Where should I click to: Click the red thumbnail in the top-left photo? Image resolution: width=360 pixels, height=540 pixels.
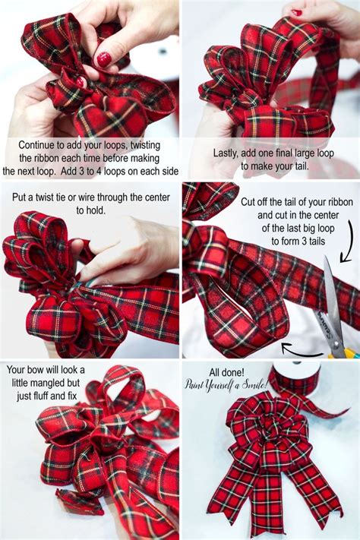(103, 58)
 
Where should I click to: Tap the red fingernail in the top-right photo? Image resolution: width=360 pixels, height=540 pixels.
(296, 12)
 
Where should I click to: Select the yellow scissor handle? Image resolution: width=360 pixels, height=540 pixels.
(350, 352)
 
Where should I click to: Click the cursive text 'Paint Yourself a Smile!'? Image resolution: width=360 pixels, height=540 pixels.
(228, 384)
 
